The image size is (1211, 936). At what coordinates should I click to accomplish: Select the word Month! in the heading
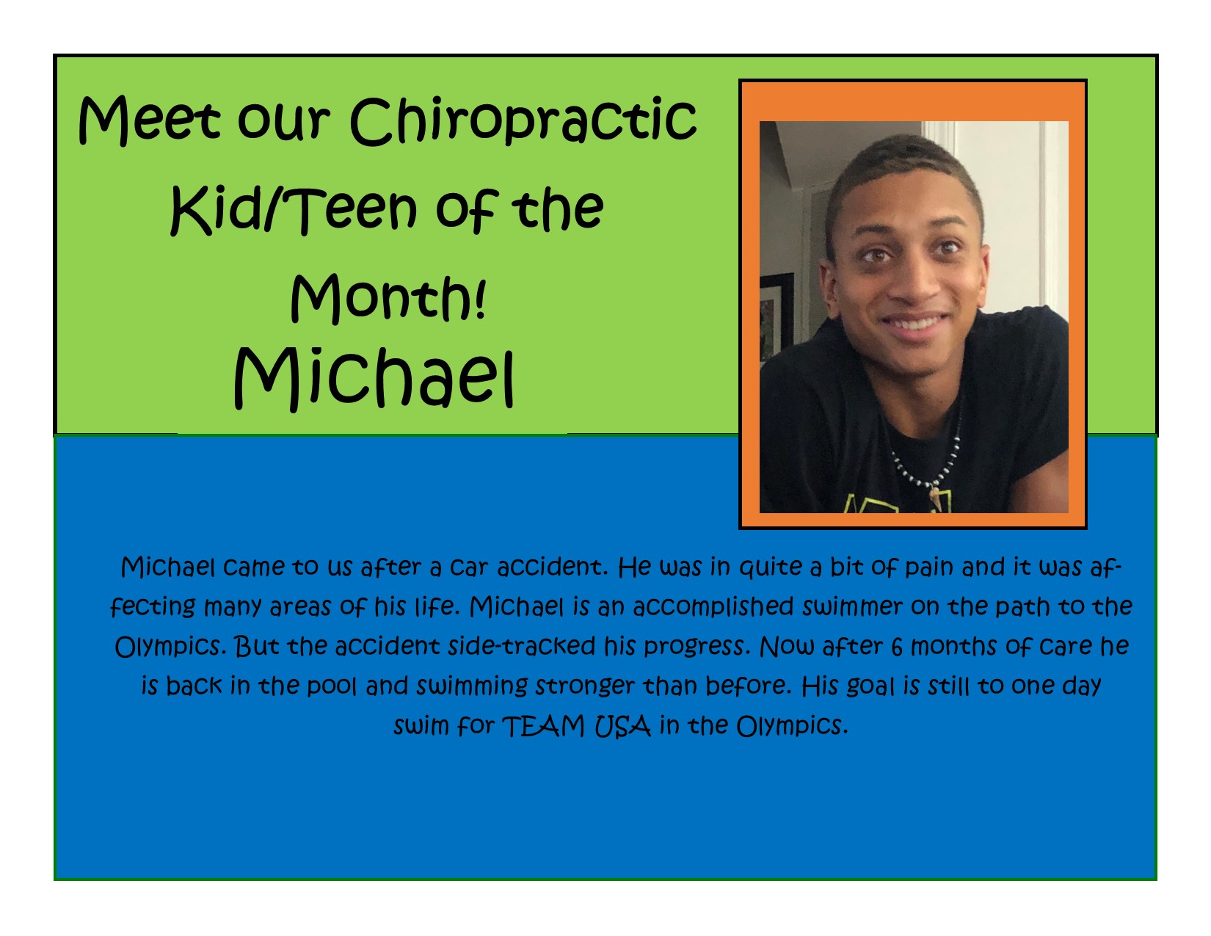(x=388, y=297)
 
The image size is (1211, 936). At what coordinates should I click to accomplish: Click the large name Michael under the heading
(x=374, y=379)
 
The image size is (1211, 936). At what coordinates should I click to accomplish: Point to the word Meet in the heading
(x=149, y=120)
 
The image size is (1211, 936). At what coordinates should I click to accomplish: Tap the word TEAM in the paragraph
(x=543, y=727)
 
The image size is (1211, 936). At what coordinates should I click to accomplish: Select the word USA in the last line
(x=622, y=727)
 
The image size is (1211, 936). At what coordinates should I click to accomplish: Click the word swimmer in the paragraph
(x=853, y=607)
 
